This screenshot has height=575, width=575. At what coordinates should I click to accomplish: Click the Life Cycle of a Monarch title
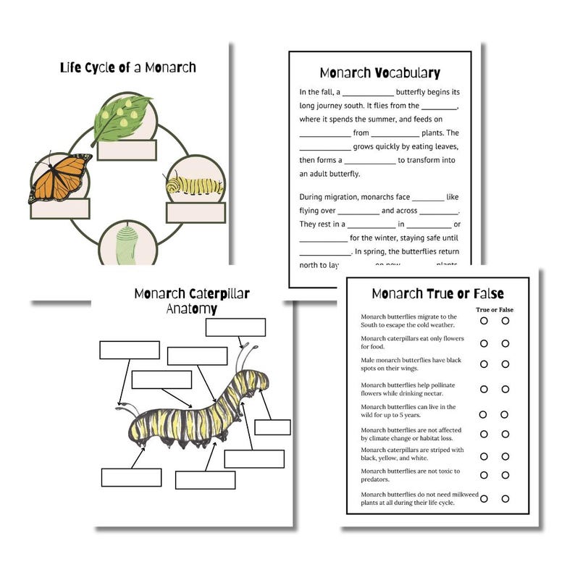click(x=127, y=68)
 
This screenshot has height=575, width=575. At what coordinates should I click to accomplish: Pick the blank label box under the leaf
click(x=127, y=150)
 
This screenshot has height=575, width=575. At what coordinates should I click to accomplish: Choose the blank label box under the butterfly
click(x=59, y=209)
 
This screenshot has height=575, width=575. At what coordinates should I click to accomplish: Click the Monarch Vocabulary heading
click(x=379, y=73)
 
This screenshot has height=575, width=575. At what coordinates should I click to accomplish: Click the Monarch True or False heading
click(x=437, y=293)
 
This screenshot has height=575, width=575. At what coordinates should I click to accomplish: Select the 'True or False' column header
click(x=494, y=310)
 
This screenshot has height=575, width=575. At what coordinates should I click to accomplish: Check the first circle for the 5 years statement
click(x=483, y=414)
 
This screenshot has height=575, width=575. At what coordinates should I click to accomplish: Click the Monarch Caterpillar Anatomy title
click(x=190, y=301)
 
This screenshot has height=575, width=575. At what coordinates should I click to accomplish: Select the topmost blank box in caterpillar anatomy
click(x=235, y=327)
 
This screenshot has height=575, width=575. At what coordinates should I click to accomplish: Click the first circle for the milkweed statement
click(x=483, y=498)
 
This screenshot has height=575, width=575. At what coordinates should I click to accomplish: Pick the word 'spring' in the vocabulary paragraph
click(x=385, y=251)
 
